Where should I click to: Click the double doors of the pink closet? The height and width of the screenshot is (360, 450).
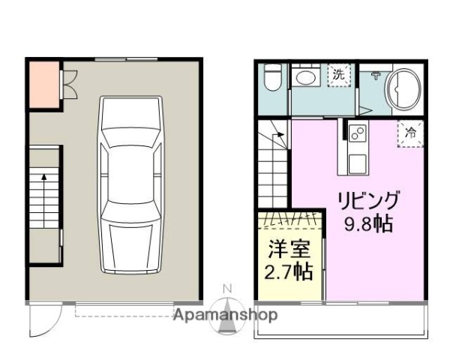point(67,83)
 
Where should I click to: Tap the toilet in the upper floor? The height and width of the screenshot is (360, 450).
point(273,77)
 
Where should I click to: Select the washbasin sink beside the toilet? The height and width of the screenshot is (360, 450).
point(305,77)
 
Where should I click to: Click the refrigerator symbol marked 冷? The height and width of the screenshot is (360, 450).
point(411,132)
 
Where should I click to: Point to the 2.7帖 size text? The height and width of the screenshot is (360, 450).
point(288,271)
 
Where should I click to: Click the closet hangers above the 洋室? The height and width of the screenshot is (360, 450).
point(292,219)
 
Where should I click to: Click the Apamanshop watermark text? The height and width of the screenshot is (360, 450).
point(225,315)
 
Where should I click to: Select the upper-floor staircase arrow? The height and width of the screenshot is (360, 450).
point(278,136)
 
